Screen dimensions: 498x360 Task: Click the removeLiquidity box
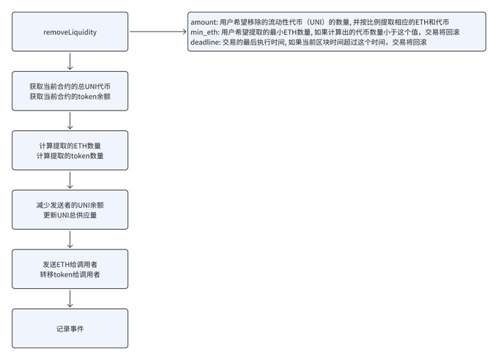pyautogui.click(x=70, y=31)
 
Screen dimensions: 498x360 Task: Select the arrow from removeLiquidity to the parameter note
pyautogui.click(x=158, y=31)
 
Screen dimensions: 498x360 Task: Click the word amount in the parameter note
pyautogui.click(x=204, y=22)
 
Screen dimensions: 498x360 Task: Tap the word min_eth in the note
pyautogui.click(x=204, y=32)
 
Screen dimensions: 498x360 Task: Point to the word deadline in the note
pyautogui.click(x=204, y=42)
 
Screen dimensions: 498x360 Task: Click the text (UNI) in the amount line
pyautogui.click(x=316, y=22)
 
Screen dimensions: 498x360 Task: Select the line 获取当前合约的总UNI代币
pyautogui.click(x=70, y=86)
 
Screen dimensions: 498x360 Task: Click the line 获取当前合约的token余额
pyautogui.click(x=70, y=97)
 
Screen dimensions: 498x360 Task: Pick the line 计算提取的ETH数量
pyautogui.click(x=70, y=146)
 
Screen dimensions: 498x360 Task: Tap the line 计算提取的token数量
pyautogui.click(x=70, y=156)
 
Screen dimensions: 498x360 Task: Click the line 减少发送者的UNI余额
pyautogui.click(x=70, y=205)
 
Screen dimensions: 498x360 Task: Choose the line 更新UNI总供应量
pyautogui.click(x=70, y=215)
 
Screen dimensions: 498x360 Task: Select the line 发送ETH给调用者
pyautogui.click(x=70, y=264)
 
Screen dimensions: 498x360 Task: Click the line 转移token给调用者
pyautogui.click(x=70, y=274)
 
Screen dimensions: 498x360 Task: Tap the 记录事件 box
pyautogui.click(x=70, y=329)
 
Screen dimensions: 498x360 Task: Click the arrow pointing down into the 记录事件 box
pyautogui.click(x=70, y=299)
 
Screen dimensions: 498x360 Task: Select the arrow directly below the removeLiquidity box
pyautogui.click(x=70, y=61)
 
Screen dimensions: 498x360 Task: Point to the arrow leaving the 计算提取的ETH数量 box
pyautogui.click(x=70, y=180)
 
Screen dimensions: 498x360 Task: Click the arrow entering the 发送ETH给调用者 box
pyautogui.click(x=70, y=239)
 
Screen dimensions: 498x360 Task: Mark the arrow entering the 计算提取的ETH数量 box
pyautogui.click(x=70, y=121)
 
